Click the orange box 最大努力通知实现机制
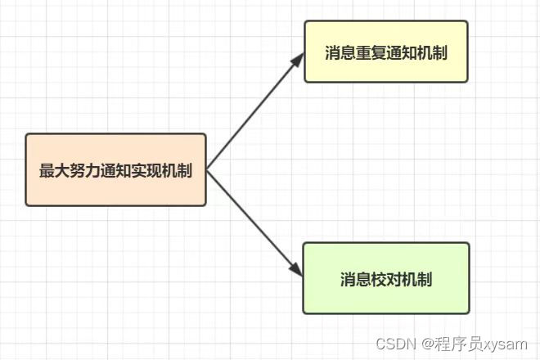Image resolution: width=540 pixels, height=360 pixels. pos(115,170)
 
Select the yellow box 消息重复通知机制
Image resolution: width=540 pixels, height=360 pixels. pos(385,52)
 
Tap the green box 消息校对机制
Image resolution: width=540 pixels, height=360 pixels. pos(385,278)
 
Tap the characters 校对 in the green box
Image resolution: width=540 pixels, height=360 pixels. pos(386,279)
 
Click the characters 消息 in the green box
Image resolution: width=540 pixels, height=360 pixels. pos(355,279)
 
